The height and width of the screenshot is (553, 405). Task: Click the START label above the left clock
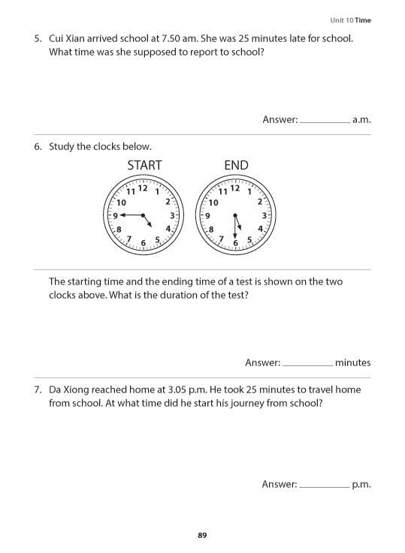[x=144, y=165]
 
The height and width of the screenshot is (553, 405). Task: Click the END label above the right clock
[x=236, y=165]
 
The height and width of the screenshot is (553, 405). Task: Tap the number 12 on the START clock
[x=143, y=188]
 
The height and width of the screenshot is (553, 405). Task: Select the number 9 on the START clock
[x=115, y=215]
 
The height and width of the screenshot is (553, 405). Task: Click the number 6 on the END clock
[x=235, y=243]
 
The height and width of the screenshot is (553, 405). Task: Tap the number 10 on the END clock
[x=213, y=203]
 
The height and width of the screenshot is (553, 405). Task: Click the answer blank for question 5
[x=325, y=120]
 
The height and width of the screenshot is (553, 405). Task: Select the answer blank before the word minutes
[x=307, y=363]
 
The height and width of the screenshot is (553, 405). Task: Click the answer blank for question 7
[x=324, y=485]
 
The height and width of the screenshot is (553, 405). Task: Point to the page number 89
[x=202, y=535]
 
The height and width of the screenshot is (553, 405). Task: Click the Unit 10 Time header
[x=350, y=20]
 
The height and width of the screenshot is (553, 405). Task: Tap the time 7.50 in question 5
[x=174, y=38]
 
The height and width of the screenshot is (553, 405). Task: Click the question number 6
[x=38, y=146]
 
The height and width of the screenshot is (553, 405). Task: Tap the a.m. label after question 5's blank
[x=362, y=120]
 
